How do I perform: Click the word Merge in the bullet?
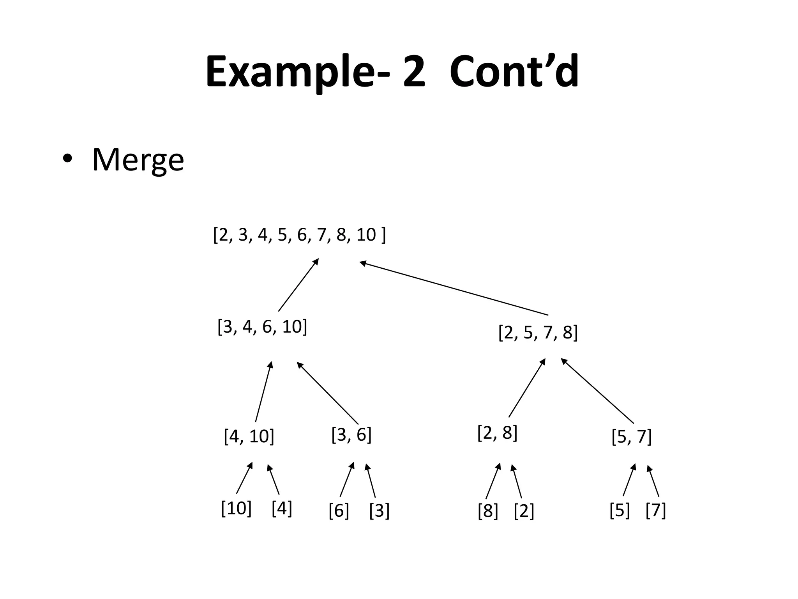click(x=138, y=160)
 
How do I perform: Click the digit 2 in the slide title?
click(x=414, y=72)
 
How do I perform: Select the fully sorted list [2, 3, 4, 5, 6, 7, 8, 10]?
click(x=299, y=235)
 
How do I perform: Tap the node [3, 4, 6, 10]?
click(x=262, y=327)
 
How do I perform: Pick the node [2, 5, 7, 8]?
click(x=538, y=333)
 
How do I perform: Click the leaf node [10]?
click(x=236, y=509)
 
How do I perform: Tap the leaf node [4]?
click(x=282, y=509)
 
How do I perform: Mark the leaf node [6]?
click(x=339, y=510)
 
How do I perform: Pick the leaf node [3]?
click(x=379, y=510)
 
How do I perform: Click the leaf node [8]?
click(x=488, y=511)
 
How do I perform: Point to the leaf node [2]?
click(x=524, y=511)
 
